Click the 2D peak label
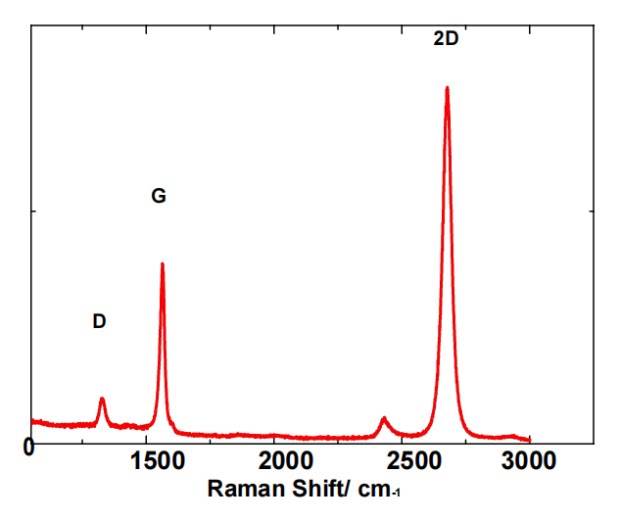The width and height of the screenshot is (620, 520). [446, 39]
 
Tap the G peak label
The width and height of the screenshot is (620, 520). [159, 196]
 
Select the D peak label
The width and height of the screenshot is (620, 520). [99, 321]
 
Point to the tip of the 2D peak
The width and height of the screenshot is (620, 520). [447, 87]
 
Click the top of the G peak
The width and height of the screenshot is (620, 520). [162, 264]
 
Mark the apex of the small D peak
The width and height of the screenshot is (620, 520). [102, 399]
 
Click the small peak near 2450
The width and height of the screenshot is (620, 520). [383, 418]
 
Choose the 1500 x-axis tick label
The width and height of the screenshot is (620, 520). [157, 461]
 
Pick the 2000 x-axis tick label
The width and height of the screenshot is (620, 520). [285, 461]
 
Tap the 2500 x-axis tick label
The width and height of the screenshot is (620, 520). [414, 461]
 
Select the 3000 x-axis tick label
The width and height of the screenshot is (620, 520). [528, 461]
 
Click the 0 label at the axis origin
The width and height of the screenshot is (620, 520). [29, 448]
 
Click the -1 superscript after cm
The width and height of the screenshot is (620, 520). [395, 494]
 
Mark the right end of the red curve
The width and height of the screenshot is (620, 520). [529, 440]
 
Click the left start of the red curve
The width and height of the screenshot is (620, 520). [32, 422]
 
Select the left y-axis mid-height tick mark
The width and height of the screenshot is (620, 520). [34, 211]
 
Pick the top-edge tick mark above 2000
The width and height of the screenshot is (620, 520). [274, 28]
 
